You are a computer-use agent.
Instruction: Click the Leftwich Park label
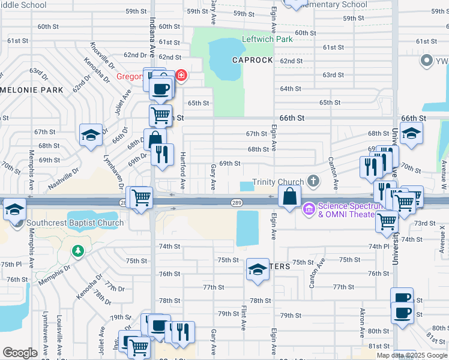point(267,40)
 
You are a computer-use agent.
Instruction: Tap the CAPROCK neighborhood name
point(253,61)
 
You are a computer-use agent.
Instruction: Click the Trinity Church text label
point(278,182)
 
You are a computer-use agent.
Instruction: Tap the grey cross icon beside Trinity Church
point(312,181)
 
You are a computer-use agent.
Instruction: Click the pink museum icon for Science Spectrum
point(309,209)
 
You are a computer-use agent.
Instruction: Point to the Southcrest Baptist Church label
point(75,223)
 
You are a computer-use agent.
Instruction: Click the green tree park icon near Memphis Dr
point(76,250)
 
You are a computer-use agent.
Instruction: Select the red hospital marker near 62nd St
point(181,76)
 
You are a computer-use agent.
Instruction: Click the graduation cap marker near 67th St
point(91,134)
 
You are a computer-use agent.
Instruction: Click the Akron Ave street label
point(362,322)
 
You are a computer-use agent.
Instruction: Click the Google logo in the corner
point(20,353)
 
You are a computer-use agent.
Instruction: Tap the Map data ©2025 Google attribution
point(412,355)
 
